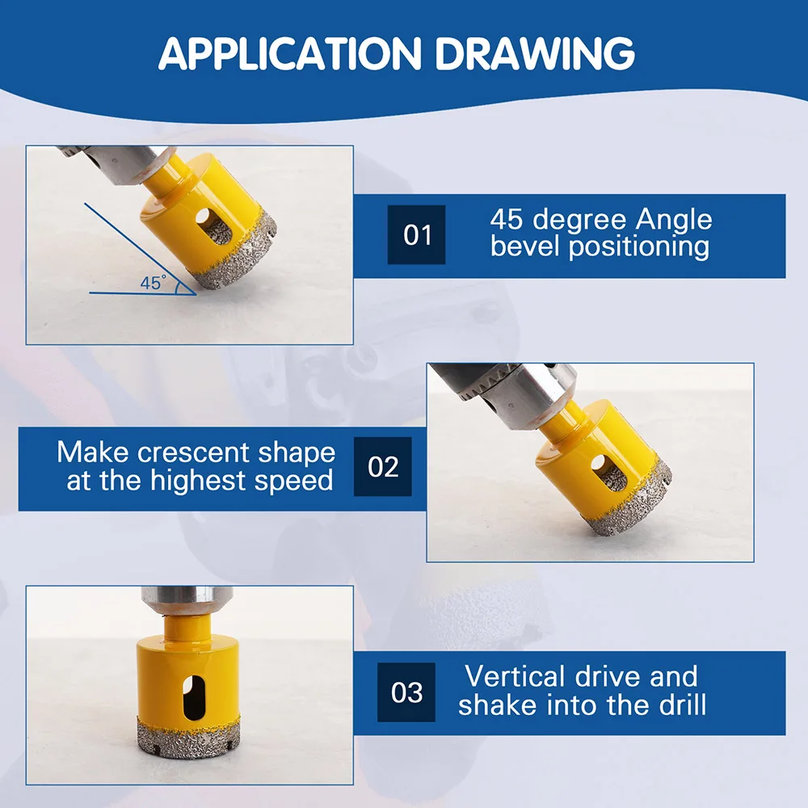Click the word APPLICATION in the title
(290, 53)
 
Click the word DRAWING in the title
(535, 53)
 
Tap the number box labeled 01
(416, 234)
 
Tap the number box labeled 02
(383, 466)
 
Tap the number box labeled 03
(406, 692)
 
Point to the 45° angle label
(153, 283)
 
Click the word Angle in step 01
(674, 221)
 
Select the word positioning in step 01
(639, 247)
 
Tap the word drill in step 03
(682, 705)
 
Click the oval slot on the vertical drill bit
(194, 698)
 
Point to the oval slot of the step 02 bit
(608, 473)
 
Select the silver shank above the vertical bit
(187, 600)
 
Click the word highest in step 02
(198, 482)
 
